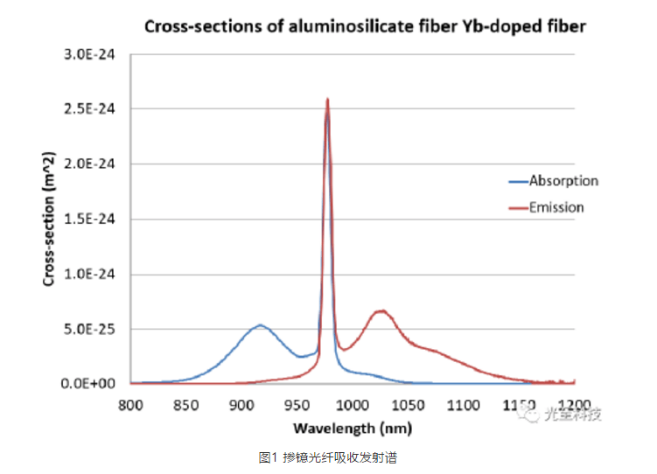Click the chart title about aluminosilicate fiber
(x=364, y=26)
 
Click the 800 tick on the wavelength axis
(x=130, y=404)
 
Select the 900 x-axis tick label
(x=241, y=404)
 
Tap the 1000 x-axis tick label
(x=352, y=404)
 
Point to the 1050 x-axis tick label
(x=408, y=404)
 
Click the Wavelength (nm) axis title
(x=352, y=429)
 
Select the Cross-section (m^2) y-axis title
(x=51, y=219)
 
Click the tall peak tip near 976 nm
(x=327, y=100)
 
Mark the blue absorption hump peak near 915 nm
(x=260, y=325)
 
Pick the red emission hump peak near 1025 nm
(x=381, y=310)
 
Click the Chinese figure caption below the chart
(x=328, y=457)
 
